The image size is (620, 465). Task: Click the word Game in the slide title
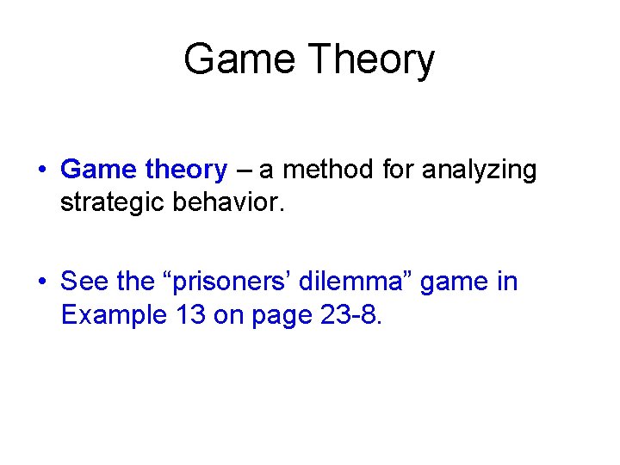pos(240,60)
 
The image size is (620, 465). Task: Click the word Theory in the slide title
pos(372,60)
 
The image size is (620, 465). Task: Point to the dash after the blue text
pos(244,170)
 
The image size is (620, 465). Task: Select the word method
pos(329,170)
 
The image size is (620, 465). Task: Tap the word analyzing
pos(479,170)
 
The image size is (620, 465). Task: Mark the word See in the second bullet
pos(84,281)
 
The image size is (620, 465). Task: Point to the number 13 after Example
pos(190,315)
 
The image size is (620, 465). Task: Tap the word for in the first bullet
pos(398,170)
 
